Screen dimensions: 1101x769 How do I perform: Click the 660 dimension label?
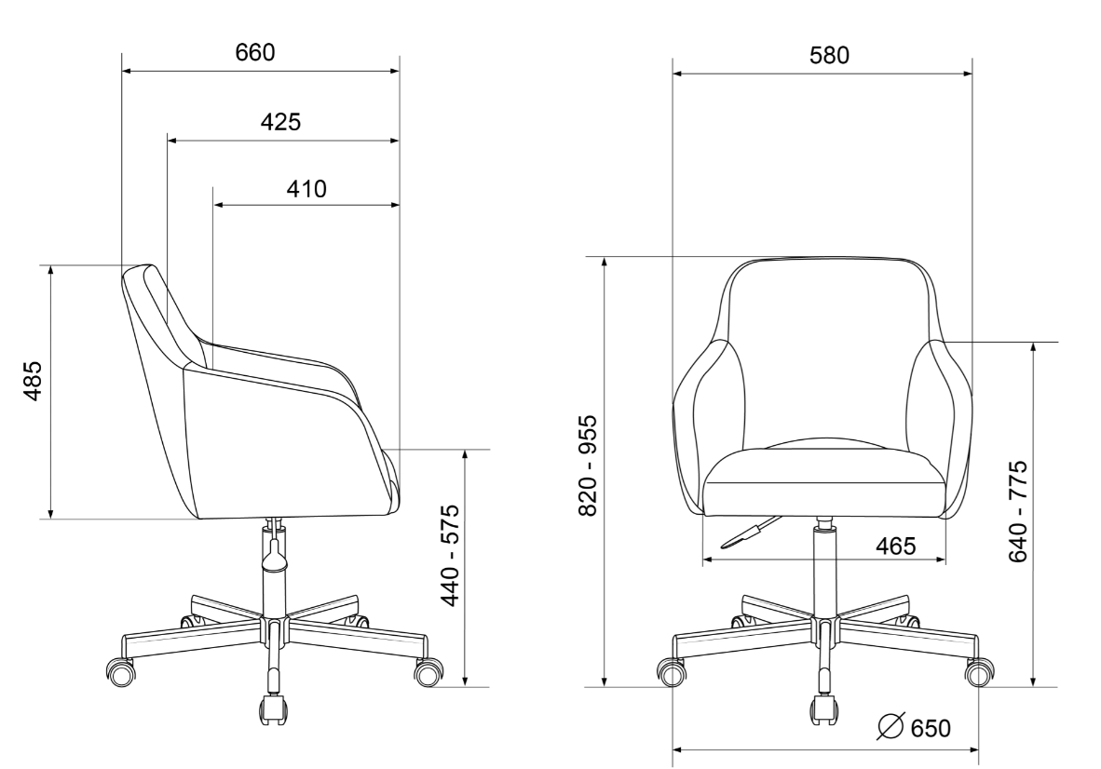[255, 53]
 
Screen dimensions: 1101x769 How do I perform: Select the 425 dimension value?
[281, 122]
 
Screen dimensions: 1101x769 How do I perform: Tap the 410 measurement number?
[306, 189]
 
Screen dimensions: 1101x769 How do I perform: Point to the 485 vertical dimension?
[34, 381]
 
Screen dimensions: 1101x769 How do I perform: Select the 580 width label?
[829, 56]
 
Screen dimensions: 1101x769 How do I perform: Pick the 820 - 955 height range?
[588, 465]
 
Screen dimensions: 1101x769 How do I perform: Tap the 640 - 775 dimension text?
[1018, 511]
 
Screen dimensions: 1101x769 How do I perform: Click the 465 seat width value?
[896, 546]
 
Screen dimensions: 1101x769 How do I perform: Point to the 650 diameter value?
[931, 728]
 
